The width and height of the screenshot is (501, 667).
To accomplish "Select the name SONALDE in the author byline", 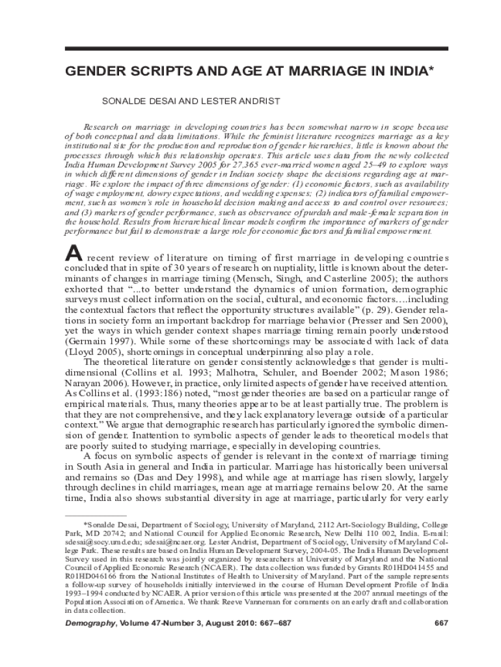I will pyautogui.click(x=121, y=102).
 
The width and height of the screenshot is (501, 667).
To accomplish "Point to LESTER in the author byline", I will pyautogui.click(x=220, y=102).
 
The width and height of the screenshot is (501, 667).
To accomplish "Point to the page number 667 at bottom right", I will pyautogui.click(x=441, y=623).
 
